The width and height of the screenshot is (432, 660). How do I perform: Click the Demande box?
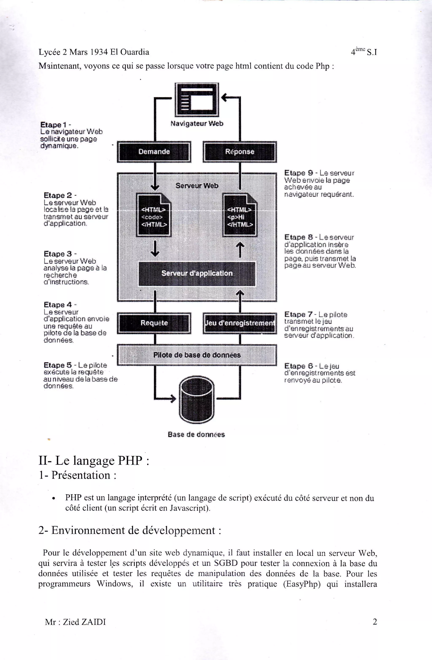154,152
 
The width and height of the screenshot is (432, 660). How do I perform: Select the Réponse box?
240,152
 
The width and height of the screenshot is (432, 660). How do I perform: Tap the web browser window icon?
197,100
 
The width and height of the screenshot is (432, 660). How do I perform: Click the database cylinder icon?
197,400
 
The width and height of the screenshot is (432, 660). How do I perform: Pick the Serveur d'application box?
197,273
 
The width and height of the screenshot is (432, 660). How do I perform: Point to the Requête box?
154,323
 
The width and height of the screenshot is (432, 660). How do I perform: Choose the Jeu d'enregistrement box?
240,323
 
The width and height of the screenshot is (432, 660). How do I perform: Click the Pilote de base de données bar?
197,355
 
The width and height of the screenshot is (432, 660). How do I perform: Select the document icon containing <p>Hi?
240,216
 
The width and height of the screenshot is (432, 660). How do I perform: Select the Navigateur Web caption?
197,124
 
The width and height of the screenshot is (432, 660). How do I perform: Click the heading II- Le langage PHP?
94,461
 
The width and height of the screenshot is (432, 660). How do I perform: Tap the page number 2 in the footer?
375,622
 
